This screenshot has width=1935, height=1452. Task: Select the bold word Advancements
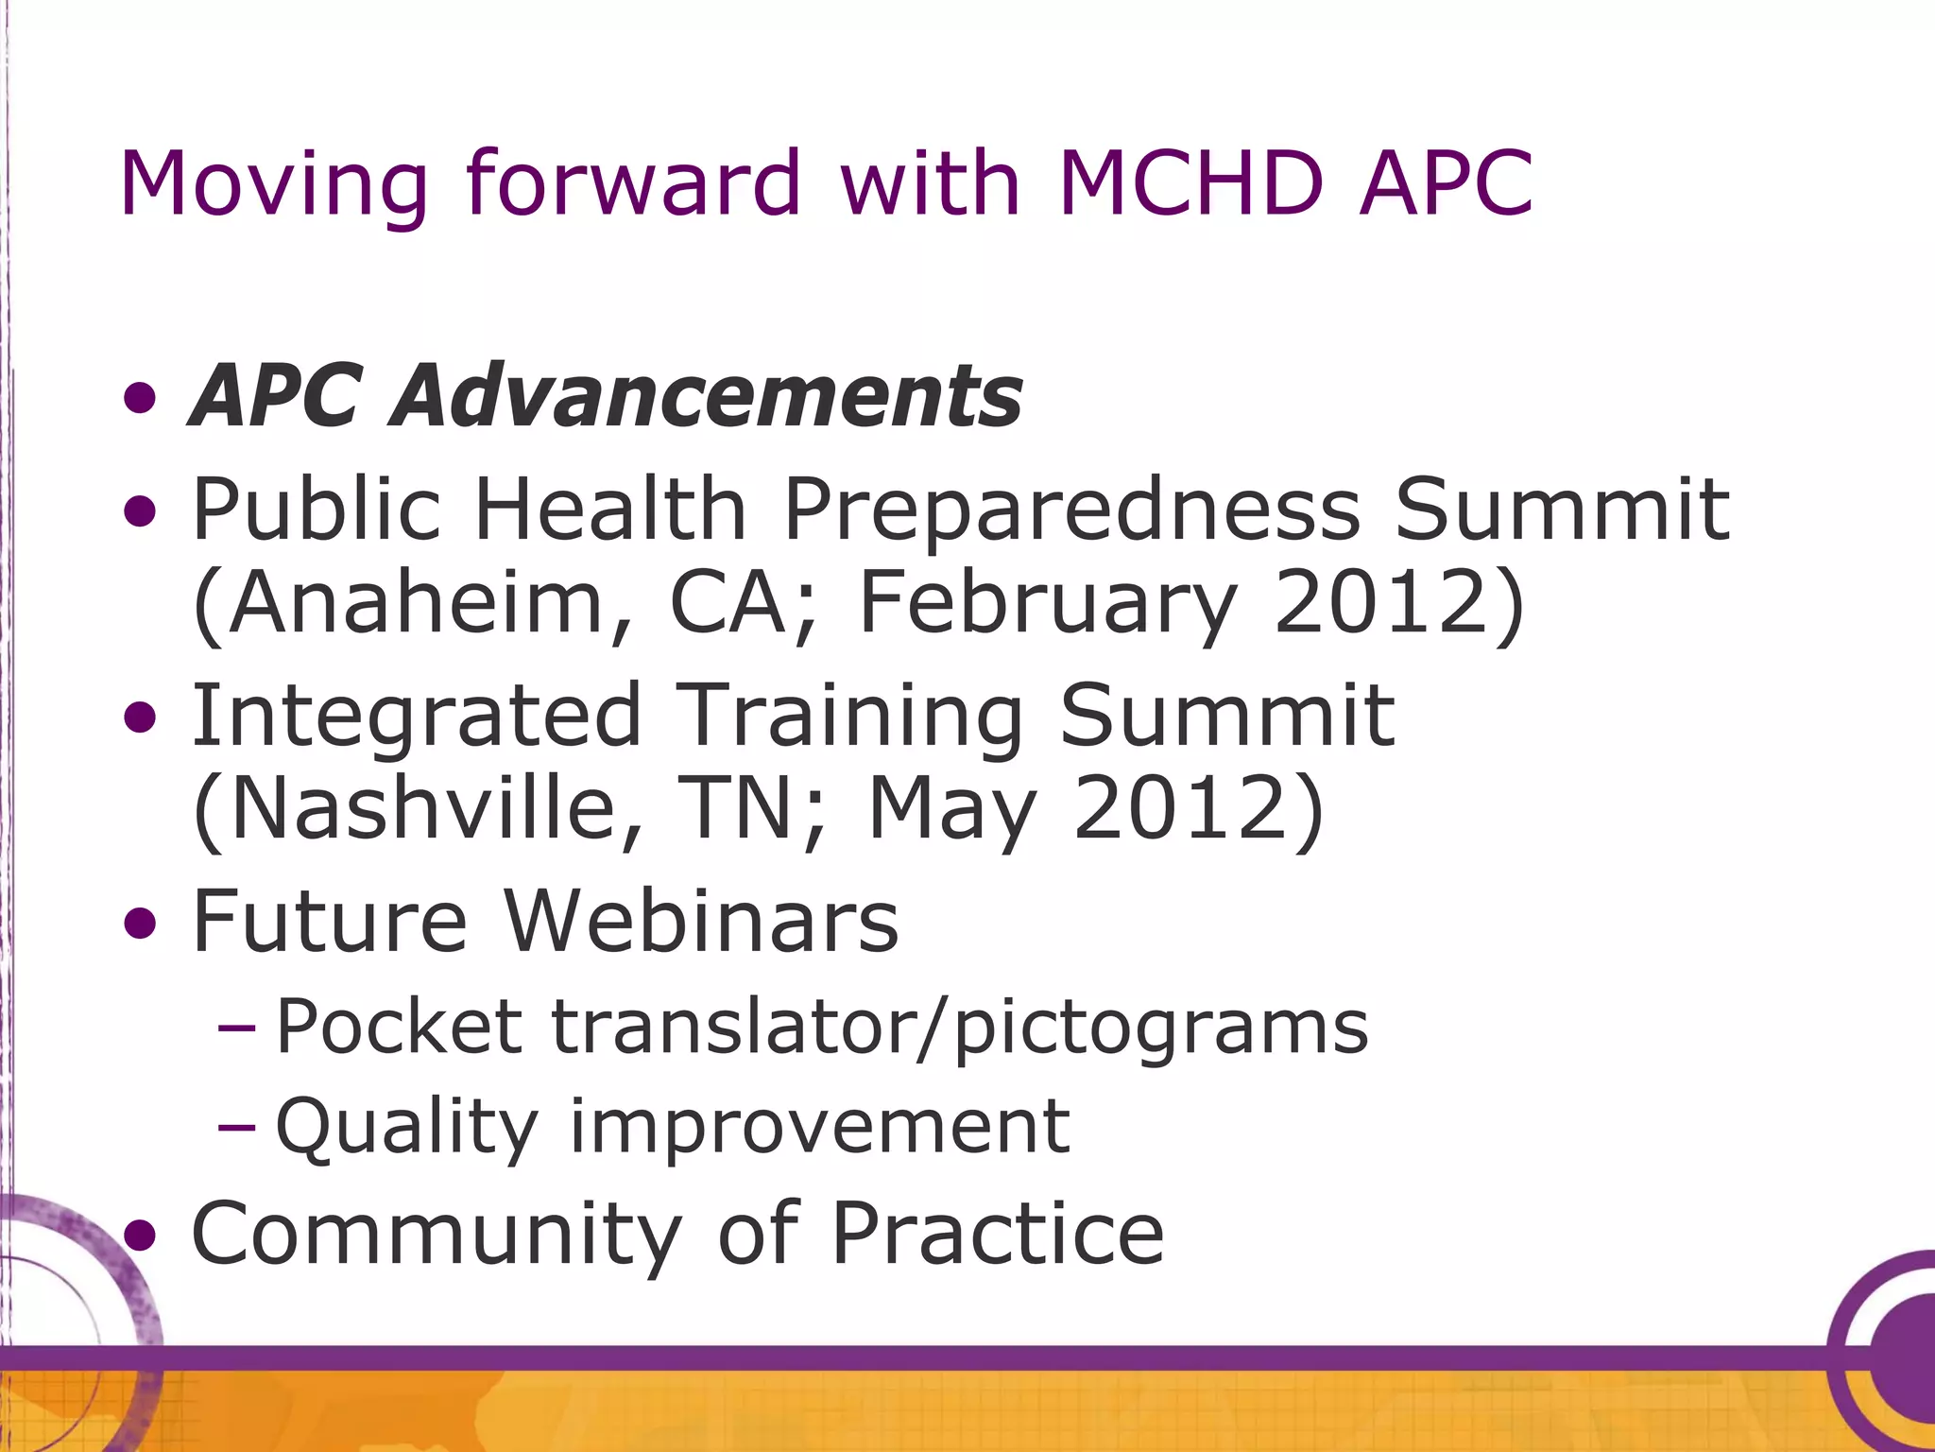[709, 395]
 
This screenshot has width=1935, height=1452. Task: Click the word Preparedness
[1071, 511]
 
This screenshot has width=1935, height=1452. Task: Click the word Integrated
[417, 716]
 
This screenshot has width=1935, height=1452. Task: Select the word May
[951, 809]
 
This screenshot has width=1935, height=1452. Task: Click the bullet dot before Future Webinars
[140, 922]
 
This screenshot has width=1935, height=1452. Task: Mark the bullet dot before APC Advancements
[140, 397]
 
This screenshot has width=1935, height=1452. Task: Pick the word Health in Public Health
[610, 510]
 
